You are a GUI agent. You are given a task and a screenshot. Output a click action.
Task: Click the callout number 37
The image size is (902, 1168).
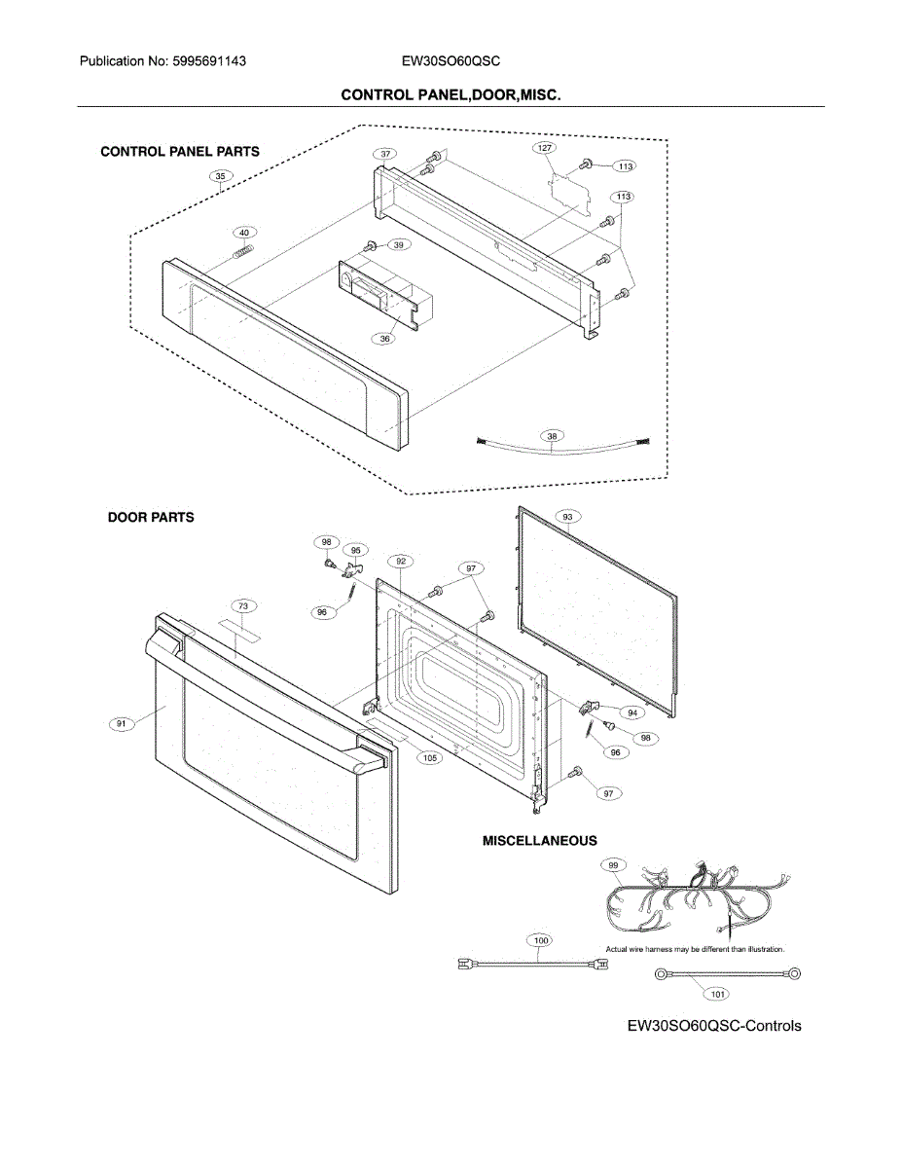pos(386,155)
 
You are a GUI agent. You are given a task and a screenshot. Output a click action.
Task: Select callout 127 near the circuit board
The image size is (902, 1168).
pos(544,148)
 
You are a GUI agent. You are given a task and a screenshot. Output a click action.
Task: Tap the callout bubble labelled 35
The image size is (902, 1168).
pos(221,176)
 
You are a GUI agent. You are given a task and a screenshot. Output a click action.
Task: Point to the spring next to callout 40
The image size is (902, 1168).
pos(243,251)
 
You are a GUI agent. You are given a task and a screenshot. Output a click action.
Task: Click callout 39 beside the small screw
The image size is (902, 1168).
pos(399,245)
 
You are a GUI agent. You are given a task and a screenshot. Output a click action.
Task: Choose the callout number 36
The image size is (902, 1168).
pos(386,338)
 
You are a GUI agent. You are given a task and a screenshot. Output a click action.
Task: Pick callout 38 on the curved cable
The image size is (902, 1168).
pos(553,437)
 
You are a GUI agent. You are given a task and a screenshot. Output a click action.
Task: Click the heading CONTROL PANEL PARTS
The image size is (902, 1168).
pos(180,152)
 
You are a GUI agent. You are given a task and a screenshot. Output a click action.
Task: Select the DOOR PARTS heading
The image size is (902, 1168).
pos(151,518)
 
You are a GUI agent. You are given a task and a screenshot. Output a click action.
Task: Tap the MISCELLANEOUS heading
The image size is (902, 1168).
pos(540,841)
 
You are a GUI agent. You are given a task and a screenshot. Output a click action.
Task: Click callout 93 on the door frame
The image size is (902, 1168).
pos(566,516)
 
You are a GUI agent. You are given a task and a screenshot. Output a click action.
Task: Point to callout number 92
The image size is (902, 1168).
pos(400,562)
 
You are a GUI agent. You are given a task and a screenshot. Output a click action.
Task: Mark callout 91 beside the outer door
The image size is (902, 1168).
pos(121,723)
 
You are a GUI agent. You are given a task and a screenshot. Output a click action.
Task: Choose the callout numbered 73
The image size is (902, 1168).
pos(243,606)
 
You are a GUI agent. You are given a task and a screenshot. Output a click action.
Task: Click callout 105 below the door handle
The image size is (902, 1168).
pos(429,757)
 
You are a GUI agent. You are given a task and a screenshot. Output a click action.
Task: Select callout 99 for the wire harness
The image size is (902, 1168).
pos(613,864)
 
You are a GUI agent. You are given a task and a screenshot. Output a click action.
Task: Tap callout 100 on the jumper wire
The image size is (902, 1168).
pos(541,940)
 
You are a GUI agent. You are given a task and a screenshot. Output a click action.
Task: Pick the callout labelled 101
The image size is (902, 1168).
pos(717,995)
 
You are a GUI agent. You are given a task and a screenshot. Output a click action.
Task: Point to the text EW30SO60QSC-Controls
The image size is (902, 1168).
pos(714,1026)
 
